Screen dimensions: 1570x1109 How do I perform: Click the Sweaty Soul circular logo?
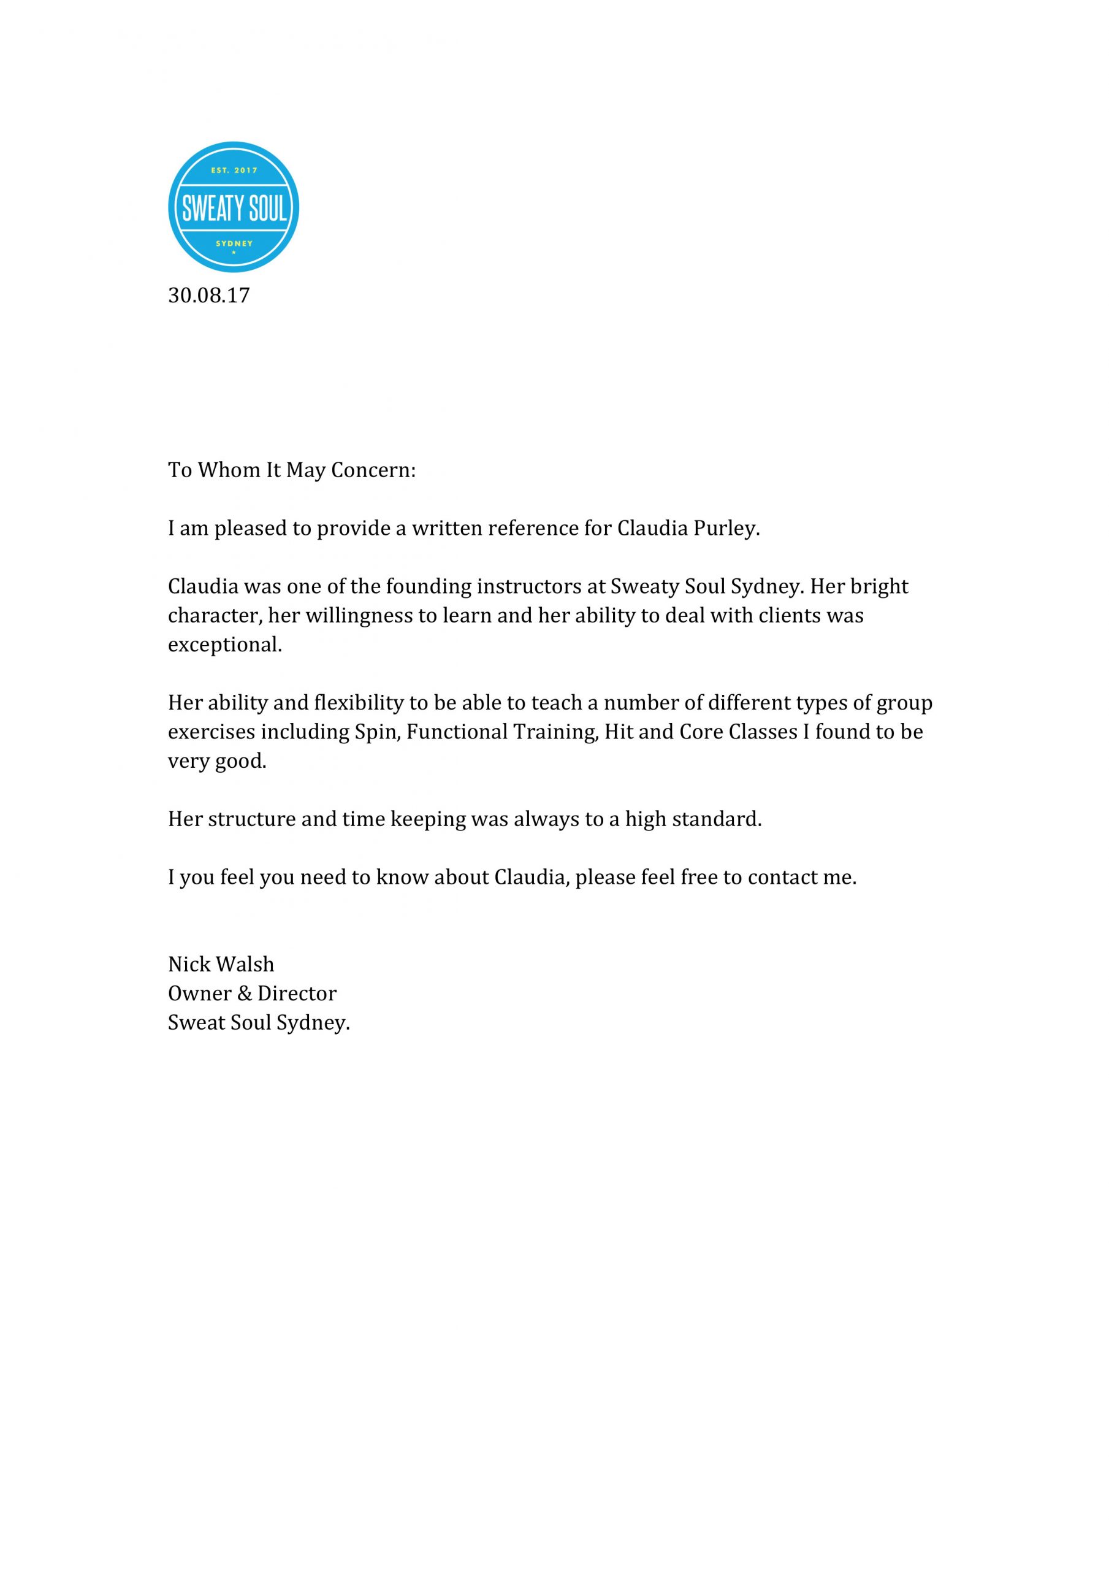click(233, 207)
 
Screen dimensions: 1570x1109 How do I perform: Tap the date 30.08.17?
click(208, 296)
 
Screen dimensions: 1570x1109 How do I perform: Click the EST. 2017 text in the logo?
click(234, 170)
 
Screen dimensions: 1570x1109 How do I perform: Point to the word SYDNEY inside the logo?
click(234, 243)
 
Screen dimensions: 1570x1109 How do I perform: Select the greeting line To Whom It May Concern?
click(292, 470)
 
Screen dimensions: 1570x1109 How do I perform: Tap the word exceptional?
click(225, 645)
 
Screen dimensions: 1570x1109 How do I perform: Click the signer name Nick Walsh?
click(221, 965)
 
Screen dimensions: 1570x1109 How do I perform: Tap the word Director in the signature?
click(297, 994)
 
